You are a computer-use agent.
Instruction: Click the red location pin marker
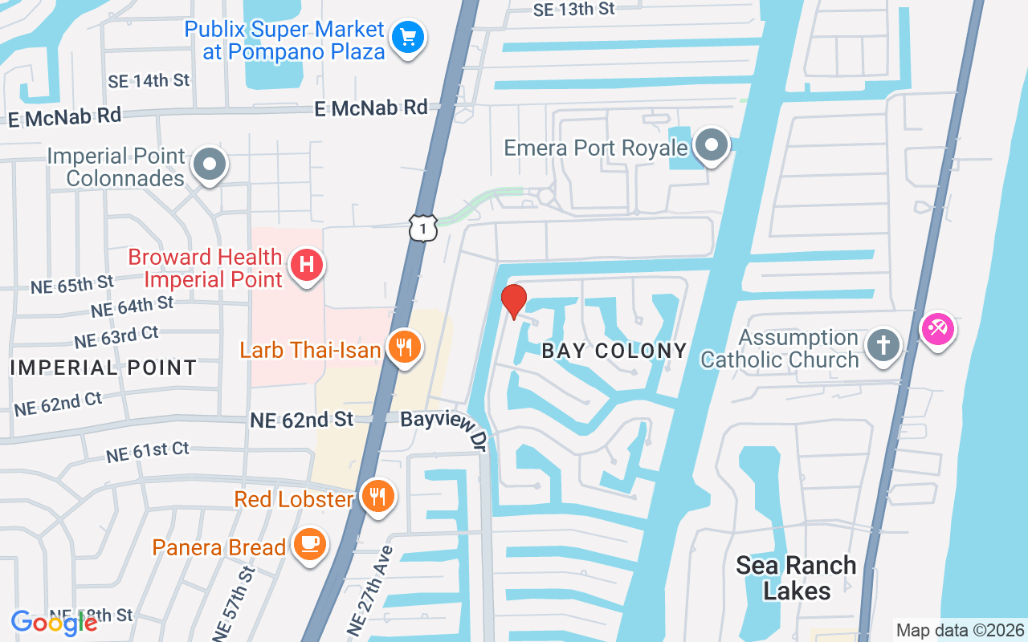pyautogui.click(x=514, y=301)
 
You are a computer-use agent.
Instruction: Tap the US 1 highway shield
pyautogui.click(x=423, y=228)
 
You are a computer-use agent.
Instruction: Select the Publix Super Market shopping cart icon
pyautogui.click(x=408, y=37)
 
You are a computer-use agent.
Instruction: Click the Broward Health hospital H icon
pyautogui.click(x=306, y=265)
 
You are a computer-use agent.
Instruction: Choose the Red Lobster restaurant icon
pyautogui.click(x=376, y=497)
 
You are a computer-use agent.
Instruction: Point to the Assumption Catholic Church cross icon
pyautogui.click(x=883, y=346)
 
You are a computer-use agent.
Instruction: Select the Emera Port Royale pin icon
pyautogui.click(x=711, y=146)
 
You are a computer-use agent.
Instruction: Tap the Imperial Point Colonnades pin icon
pyautogui.click(x=210, y=164)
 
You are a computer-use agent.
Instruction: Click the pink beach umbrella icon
pyautogui.click(x=938, y=328)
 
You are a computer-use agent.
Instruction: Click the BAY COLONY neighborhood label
pyautogui.click(x=614, y=351)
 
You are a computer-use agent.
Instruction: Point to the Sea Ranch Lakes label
pyautogui.click(x=797, y=578)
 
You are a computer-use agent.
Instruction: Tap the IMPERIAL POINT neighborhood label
pyautogui.click(x=104, y=368)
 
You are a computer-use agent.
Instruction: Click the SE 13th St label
pyautogui.click(x=573, y=9)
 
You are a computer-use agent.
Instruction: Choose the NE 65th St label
pyautogui.click(x=72, y=284)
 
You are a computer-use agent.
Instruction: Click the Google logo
pyautogui.click(x=54, y=622)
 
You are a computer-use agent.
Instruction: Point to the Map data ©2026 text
pyautogui.click(x=961, y=630)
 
